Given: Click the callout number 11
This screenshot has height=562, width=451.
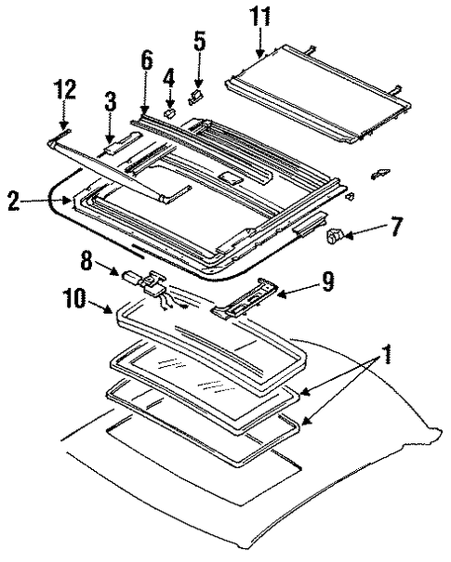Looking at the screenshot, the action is pyautogui.click(x=260, y=17).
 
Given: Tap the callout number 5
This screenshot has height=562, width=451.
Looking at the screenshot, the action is pyautogui.click(x=200, y=42).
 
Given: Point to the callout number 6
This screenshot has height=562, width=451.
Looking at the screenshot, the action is pyautogui.click(x=146, y=61).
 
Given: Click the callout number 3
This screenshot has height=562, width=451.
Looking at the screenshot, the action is pyautogui.click(x=111, y=100).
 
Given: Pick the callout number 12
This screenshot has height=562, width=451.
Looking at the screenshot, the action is pyautogui.click(x=64, y=89).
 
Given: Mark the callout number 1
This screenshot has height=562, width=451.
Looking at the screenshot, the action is pyautogui.click(x=386, y=355).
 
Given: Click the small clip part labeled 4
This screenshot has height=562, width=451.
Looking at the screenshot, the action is pyautogui.click(x=170, y=112).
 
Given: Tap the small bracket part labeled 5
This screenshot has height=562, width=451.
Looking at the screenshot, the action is pyautogui.click(x=196, y=97).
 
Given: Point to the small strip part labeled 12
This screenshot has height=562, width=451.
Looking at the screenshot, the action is pyautogui.click(x=64, y=135).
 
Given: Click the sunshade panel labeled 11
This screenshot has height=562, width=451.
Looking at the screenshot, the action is pyautogui.click(x=318, y=94).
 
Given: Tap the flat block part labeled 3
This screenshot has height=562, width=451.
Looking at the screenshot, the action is pyautogui.click(x=121, y=142).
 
